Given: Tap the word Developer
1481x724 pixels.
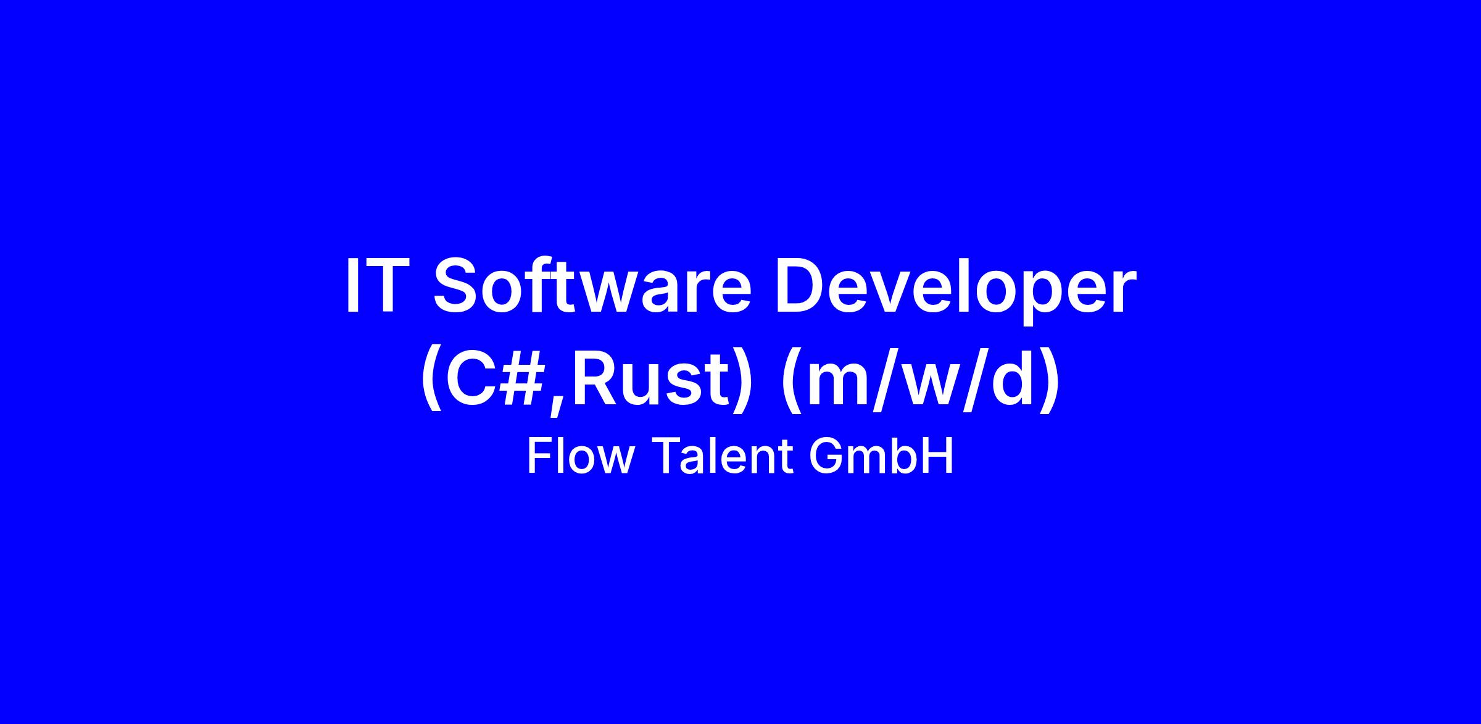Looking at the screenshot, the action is tap(955, 289).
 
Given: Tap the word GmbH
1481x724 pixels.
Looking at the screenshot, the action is tap(881, 456).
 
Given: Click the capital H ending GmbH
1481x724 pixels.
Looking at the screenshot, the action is tap(938, 456).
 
